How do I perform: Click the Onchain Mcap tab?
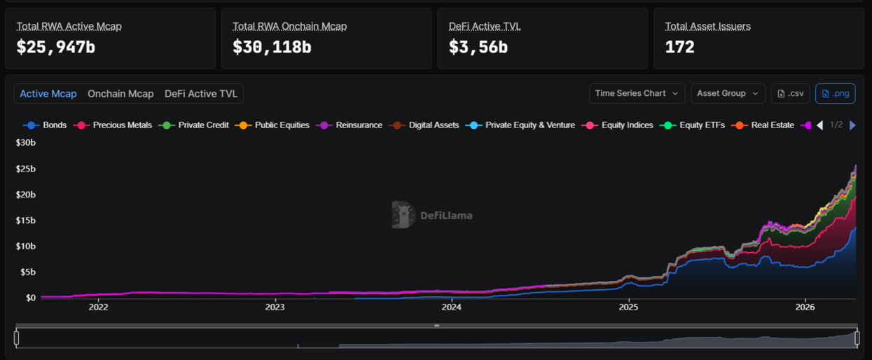(120, 94)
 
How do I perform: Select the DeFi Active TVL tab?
(201, 94)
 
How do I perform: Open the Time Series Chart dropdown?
(637, 93)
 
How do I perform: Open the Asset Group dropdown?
(728, 93)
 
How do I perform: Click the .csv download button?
(791, 93)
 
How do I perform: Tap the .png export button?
(836, 93)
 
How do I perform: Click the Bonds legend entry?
(45, 125)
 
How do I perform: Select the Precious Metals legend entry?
(113, 125)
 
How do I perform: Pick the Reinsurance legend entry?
(350, 125)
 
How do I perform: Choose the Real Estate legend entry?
(763, 125)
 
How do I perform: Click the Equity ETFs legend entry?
(692, 125)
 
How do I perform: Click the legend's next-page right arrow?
(852, 125)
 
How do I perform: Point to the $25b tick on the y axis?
(26, 169)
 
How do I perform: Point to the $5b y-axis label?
(28, 272)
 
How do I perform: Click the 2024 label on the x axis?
(452, 307)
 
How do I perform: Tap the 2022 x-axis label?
(98, 307)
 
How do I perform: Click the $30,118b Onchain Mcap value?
(272, 47)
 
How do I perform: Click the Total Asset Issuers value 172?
(679, 47)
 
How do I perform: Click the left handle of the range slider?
(16, 338)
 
